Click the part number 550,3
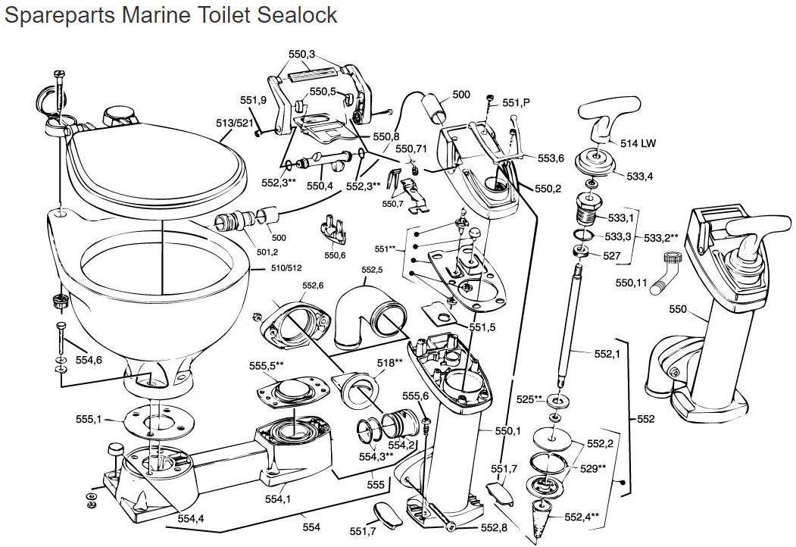[302, 55]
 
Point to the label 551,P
[517, 102]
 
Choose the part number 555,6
[415, 396]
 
